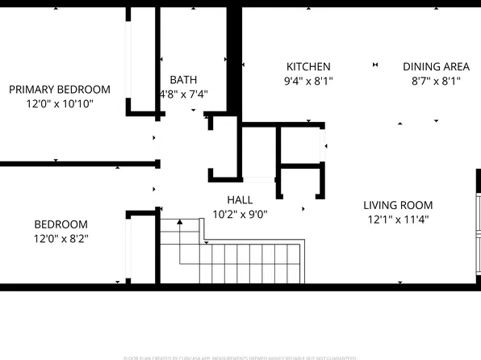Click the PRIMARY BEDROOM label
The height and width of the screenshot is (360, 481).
click(60, 90)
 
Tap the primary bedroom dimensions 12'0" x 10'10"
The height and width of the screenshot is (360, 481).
click(60, 104)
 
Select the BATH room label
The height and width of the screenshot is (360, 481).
click(183, 79)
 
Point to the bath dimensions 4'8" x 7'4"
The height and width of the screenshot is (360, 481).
click(183, 94)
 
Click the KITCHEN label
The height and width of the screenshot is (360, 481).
click(308, 66)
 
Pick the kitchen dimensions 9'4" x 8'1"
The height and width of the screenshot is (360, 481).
click(308, 81)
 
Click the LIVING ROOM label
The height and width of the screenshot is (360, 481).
click(398, 205)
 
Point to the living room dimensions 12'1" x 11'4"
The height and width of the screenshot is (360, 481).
click(398, 220)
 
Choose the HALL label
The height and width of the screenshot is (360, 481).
click(240, 199)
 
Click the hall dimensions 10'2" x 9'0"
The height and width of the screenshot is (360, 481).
click(240, 214)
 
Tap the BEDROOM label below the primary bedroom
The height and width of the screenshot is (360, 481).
click(61, 224)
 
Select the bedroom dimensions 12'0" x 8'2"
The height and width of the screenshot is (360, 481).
click(61, 239)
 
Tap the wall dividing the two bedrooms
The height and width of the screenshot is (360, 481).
click(77, 164)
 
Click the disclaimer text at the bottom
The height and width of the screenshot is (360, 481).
click(240, 356)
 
